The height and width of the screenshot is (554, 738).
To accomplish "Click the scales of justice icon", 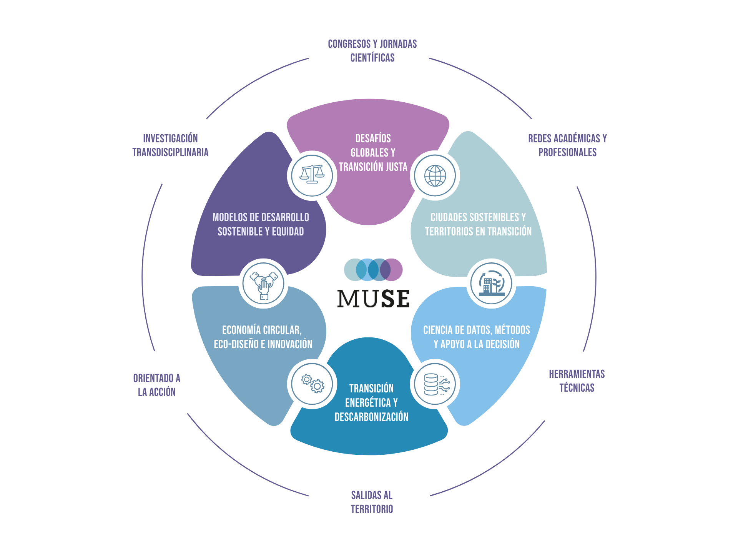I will pyautogui.click(x=312, y=175).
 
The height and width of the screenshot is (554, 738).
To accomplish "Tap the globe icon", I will pyautogui.click(x=435, y=175).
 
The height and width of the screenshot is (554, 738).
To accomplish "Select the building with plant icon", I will pyautogui.click(x=491, y=283).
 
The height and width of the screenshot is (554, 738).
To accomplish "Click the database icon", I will pyautogui.click(x=435, y=384).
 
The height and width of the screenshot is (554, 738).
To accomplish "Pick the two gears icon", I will pyautogui.click(x=312, y=384).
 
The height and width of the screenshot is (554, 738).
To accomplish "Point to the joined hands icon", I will pyautogui.click(x=263, y=284).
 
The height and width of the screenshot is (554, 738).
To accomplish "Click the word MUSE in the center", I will pyautogui.click(x=373, y=299).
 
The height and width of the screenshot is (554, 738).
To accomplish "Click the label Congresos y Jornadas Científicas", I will pyautogui.click(x=372, y=50).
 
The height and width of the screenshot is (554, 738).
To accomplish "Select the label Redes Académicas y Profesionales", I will pyautogui.click(x=567, y=145).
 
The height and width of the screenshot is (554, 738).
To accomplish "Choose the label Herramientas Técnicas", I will pyautogui.click(x=577, y=380).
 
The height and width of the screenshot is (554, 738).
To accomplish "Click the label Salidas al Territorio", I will pyautogui.click(x=372, y=502).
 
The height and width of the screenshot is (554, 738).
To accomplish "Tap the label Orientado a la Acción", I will pyautogui.click(x=157, y=385).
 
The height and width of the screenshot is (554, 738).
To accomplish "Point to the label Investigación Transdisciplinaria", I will pyautogui.click(x=170, y=145).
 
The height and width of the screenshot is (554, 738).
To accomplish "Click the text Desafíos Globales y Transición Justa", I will pyautogui.click(x=373, y=152).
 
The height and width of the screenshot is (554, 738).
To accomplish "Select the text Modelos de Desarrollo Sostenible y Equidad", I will pyautogui.click(x=261, y=224).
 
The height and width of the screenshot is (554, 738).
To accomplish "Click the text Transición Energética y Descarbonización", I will pyautogui.click(x=371, y=402).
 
